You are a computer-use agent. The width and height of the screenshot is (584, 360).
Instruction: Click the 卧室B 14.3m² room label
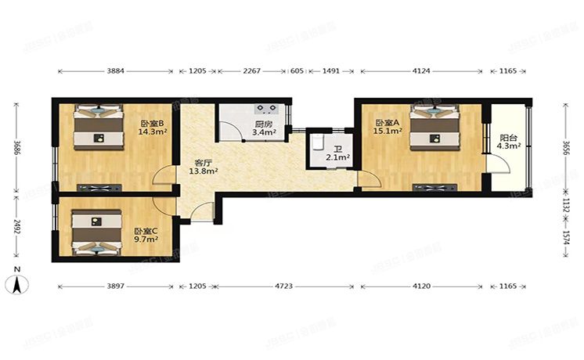pos(152,128)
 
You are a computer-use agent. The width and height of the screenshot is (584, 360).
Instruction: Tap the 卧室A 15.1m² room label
pos(388,128)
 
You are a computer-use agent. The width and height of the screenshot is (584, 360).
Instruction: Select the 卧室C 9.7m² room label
pos(146,235)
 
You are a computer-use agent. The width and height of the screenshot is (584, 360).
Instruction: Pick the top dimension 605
pos(297,71)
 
